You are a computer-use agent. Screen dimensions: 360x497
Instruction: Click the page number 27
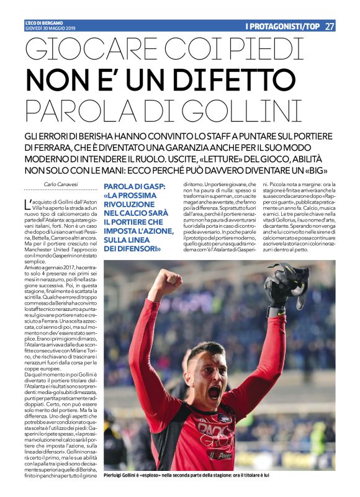(330, 26)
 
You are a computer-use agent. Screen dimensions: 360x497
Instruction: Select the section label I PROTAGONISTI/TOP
(282, 26)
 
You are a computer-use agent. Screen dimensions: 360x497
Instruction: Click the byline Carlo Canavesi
(60, 184)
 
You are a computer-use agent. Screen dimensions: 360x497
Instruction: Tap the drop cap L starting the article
(27, 203)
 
